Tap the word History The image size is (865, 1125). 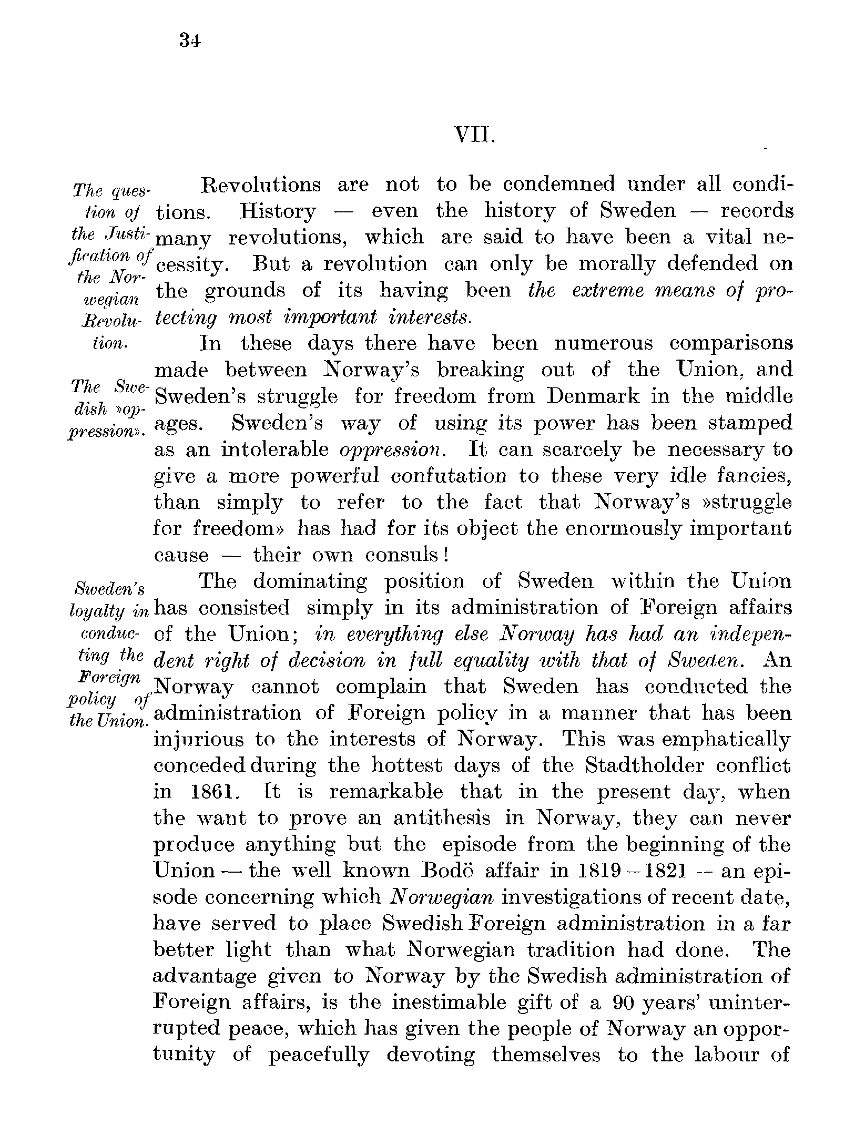tap(278, 211)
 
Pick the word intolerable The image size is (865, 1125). tap(275, 449)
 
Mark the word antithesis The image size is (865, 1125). tap(442, 819)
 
